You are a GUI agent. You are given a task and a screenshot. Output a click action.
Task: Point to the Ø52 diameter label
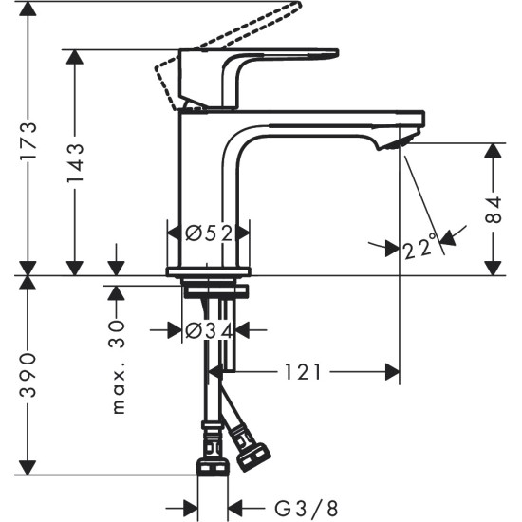click(208, 232)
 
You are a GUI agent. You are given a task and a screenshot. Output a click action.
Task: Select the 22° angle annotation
click(419, 249)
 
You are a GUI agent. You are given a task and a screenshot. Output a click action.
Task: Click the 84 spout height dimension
click(492, 210)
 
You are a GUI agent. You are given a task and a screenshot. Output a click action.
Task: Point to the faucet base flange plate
click(208, 272)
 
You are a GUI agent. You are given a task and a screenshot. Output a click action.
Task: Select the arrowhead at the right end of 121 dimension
click(391, 373)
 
